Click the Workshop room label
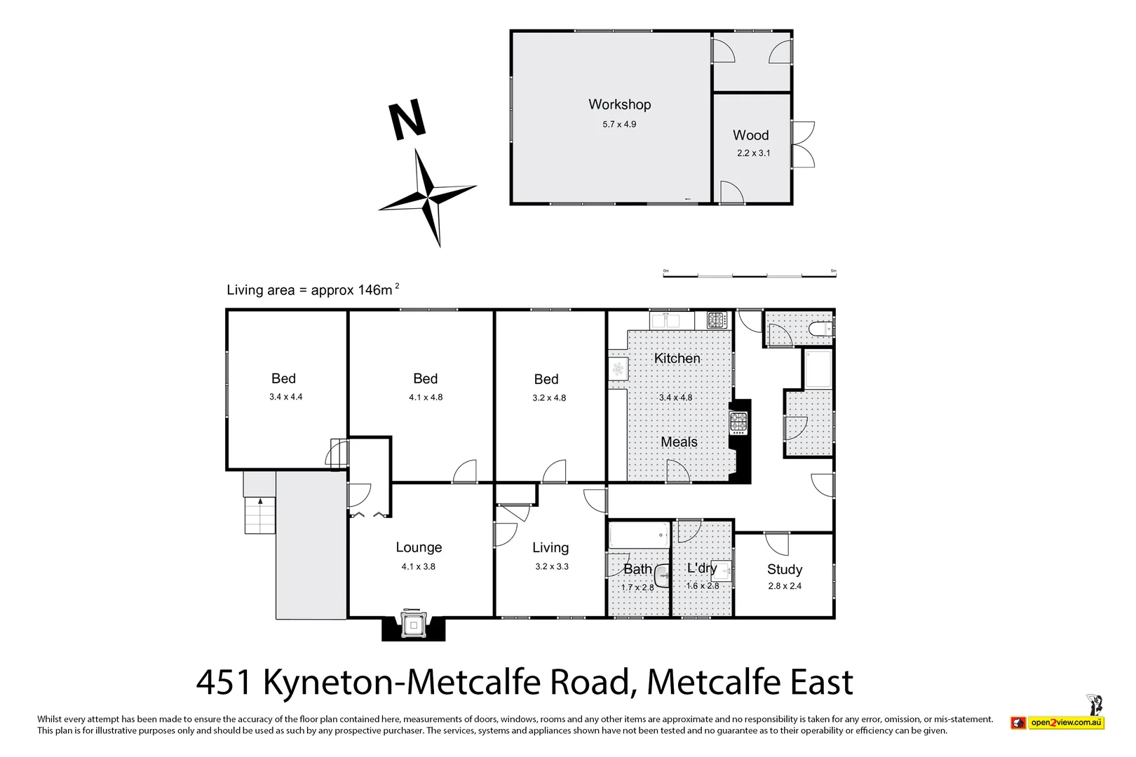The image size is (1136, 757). tap(619, 104)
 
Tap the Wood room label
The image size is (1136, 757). tap(750, 135)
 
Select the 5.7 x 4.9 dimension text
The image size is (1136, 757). tap(619, 124)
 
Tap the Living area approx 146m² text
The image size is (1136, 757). tap(312, 289)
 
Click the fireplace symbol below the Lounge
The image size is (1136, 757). tap(414, 625)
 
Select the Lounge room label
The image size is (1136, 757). tap(419, 547)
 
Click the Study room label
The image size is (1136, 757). tap(784, 569)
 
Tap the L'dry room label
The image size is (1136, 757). tap(701, 568)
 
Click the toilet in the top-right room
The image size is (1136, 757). tap(819, 328)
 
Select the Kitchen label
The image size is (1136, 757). tap(677, 358)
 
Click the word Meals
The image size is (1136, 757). tap(679, 442)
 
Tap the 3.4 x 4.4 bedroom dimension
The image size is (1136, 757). tap(285, 397)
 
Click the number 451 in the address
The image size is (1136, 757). tap(224, 682)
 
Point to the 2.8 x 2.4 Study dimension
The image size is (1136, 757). tap(784, 586)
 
